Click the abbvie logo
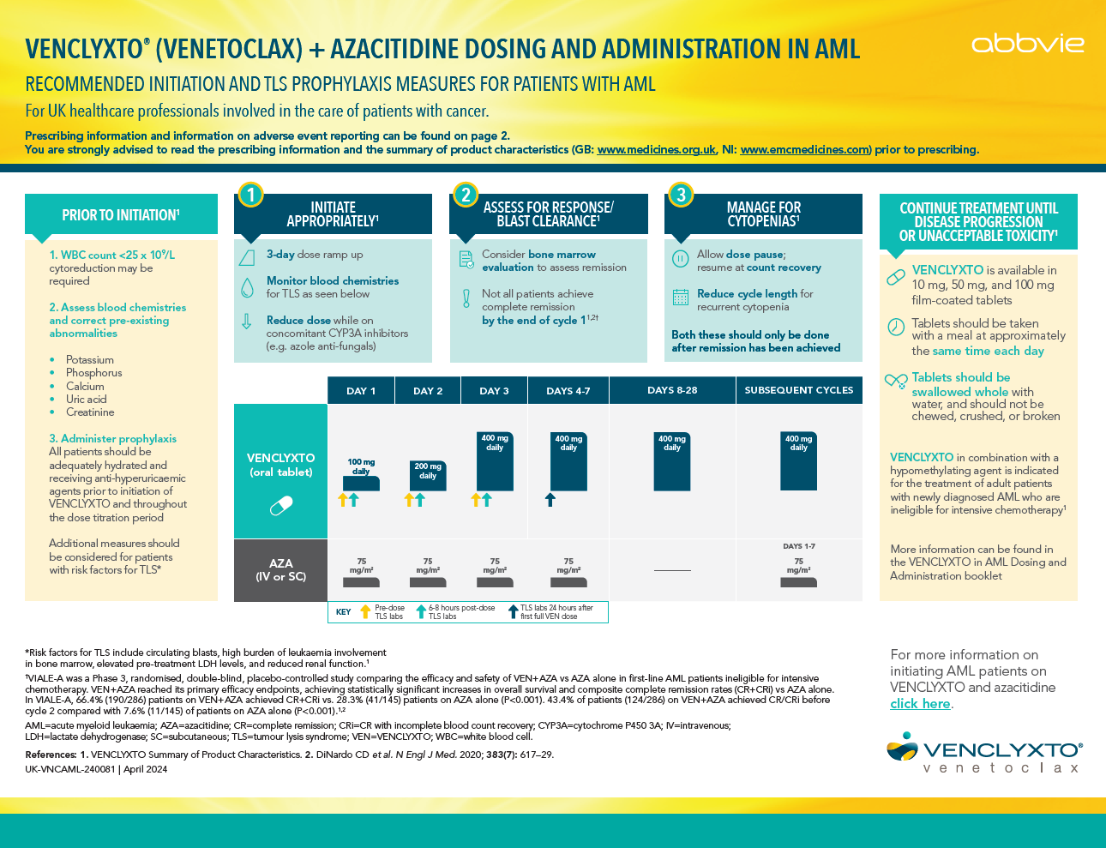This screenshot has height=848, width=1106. pos(1027,43)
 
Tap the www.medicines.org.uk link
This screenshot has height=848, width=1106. pos(656,150)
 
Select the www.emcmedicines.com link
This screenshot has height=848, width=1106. pos(804,150)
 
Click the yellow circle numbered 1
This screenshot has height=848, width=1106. pos(250,195)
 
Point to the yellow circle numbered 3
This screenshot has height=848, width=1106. pos(681,195)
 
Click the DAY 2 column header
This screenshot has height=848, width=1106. pos(428,391)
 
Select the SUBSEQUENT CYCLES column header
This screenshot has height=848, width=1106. pos(798,390)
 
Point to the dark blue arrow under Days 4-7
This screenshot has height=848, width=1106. pos(550,500)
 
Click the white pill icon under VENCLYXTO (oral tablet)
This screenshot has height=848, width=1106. pos(281,507)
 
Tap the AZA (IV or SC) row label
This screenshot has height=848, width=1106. pos(281,570)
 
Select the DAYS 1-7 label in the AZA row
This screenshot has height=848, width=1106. pos(798,546)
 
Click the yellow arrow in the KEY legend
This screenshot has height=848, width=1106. pos(365,611)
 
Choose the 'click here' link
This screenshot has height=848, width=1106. pos(920,704)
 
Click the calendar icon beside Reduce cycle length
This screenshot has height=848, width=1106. pos(681,298)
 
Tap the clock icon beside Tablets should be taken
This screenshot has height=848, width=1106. pos(896,327)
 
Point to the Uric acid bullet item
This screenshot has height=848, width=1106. pos(86,400)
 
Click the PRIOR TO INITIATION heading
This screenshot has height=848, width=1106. pos(121,215)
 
